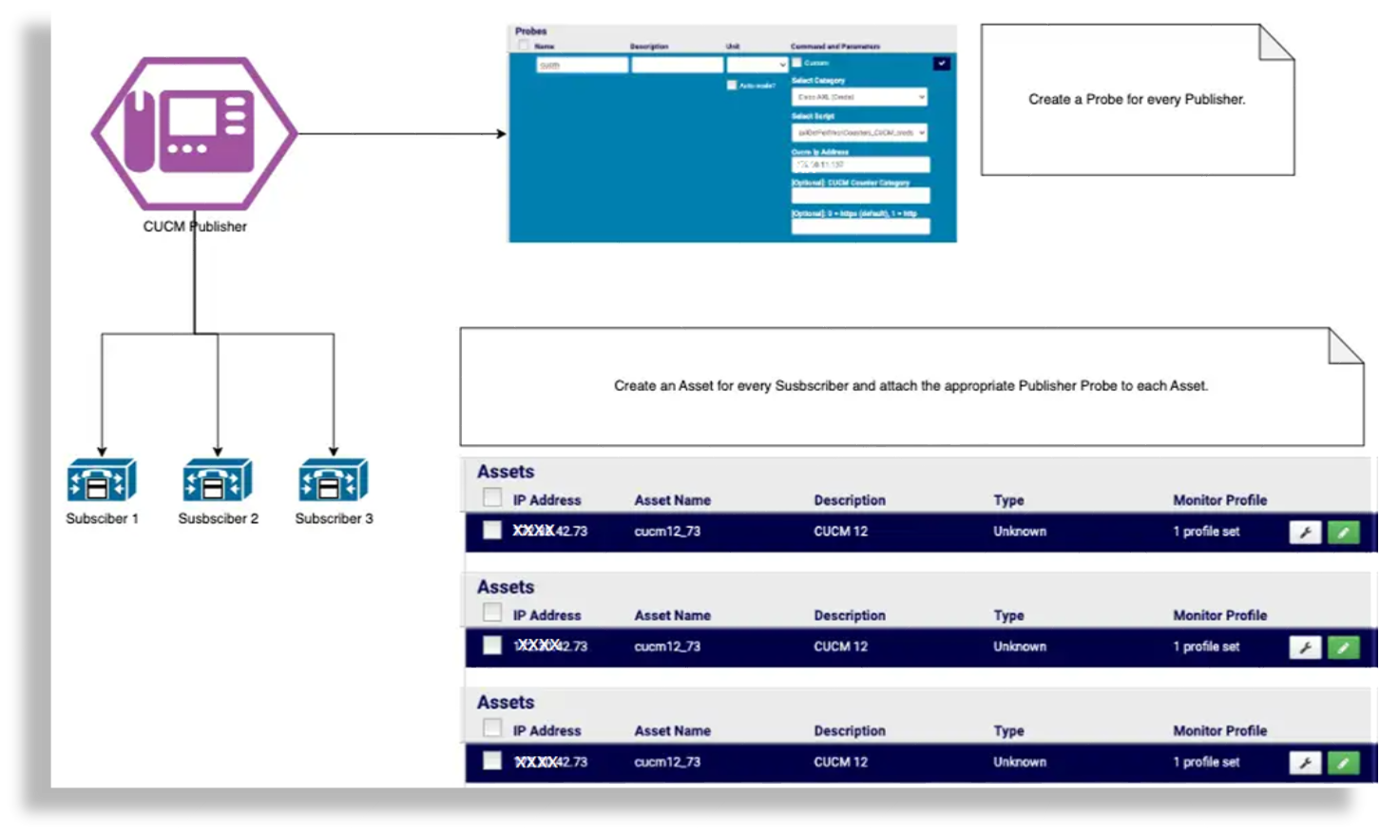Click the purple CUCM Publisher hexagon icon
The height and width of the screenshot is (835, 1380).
coord(195,133)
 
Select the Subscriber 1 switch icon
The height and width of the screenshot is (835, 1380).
coord(102,480)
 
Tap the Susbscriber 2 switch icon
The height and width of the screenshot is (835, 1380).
coord(218,480)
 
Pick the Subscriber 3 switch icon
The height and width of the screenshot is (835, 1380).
coord(334,480)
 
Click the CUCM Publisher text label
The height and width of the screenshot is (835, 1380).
coord(195,226)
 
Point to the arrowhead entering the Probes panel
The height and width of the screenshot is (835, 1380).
coord(501,133)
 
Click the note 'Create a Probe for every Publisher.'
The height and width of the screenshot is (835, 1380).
coord(1137,99)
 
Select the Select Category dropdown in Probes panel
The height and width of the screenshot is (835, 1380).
coord(859,97)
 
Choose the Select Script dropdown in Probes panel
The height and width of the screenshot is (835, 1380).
coord(859,133)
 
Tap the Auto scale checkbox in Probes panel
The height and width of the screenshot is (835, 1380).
coord(732,86)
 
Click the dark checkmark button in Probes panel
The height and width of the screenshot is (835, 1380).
coord(941,64)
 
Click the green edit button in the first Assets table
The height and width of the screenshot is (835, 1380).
coord(1343,533)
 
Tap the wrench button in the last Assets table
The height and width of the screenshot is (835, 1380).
coord(1305,763)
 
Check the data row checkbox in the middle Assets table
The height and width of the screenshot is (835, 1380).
coord(491,646)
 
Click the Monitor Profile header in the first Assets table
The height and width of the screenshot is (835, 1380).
coord(1219,500)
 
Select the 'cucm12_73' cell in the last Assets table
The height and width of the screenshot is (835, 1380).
coord(667,762)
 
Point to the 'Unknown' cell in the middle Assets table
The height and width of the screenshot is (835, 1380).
coord(1020,647)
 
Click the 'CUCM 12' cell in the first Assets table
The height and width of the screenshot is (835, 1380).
coord(840,532)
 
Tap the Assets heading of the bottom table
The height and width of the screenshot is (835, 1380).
coord(506,703)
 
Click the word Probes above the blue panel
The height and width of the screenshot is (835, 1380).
coord(531,31)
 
